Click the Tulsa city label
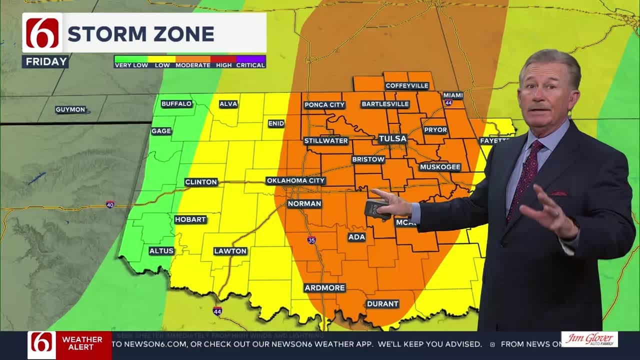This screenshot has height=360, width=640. tap(392, 138)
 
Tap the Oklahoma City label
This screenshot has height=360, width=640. tap(295, 180)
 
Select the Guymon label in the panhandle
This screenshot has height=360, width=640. tap(70, 109)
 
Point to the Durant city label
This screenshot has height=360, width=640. tap(382, 303)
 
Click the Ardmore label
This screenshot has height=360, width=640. tap(324, 287)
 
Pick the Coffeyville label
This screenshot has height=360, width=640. tap(407, 85)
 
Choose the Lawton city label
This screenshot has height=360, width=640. tap(230, 251)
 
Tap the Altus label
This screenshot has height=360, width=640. tap(161, 251)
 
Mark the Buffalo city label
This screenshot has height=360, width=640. tap(176, 103)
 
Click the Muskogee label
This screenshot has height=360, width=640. tap(440, 167)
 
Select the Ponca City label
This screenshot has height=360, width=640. tap(324, 104)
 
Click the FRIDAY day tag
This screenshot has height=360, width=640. tap(46, 61)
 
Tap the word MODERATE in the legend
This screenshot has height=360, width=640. tap(192, 65)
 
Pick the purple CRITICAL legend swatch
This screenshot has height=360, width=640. tap(250, 59)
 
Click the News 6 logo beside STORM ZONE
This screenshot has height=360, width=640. tap(42, 33)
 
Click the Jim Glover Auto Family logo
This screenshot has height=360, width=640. tap(589, 339)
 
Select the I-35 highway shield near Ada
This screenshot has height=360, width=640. tap(311, 240)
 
